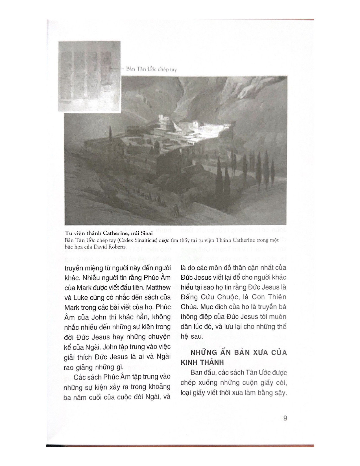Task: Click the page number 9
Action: click(x=285, y=418)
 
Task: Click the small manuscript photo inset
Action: click(x=89, y=76)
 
